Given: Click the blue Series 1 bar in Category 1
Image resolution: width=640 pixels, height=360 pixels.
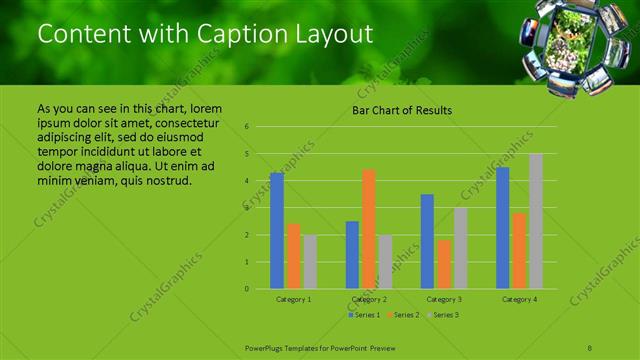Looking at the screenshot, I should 276,231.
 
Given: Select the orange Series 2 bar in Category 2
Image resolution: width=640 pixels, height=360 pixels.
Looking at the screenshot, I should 369,229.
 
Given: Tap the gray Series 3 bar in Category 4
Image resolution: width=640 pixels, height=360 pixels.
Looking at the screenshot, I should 536,221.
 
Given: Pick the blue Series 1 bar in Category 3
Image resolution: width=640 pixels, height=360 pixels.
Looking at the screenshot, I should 427,241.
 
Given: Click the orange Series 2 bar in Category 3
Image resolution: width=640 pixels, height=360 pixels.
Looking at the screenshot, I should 444,264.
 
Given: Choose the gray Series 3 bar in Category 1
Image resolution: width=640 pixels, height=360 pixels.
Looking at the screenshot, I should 310,262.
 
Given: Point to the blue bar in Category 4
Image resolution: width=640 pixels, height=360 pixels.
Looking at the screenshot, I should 502,228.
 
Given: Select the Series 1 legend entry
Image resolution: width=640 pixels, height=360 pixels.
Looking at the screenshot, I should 363,315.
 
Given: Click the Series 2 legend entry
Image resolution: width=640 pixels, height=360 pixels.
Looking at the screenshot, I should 403,315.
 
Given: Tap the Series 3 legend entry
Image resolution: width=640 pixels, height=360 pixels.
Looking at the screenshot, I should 443,315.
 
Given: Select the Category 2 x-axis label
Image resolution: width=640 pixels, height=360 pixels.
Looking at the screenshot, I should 369,299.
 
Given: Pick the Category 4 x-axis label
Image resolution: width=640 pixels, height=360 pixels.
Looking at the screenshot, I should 519,299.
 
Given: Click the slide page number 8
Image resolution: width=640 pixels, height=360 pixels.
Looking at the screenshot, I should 590,346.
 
